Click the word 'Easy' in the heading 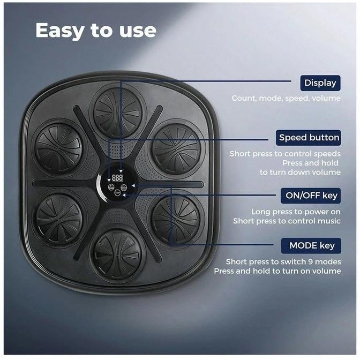click(x=59, y=31)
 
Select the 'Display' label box click(x=320, y=83)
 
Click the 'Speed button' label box click(x=309, y=138)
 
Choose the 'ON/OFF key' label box click(x=311, y=196)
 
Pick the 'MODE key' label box click(x=311, y=246)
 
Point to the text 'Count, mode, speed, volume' click(x=286, y=98)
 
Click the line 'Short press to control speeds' click(x=285, y=154)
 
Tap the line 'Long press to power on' click(x=296, y=212)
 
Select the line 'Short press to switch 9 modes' click(x=283, y=262)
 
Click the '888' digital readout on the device click(x=117, y=177)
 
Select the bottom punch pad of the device click(x=117, y=256)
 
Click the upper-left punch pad click(x=58, y=148)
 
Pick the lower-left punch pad click(x=59, y=219)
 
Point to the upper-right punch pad click(x=176, y=148)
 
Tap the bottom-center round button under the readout click(x=117, y=193)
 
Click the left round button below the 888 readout click(x=111, y=187)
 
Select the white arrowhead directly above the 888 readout click(x=121, y=171)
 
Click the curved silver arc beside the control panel click(x=99, y=187)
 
